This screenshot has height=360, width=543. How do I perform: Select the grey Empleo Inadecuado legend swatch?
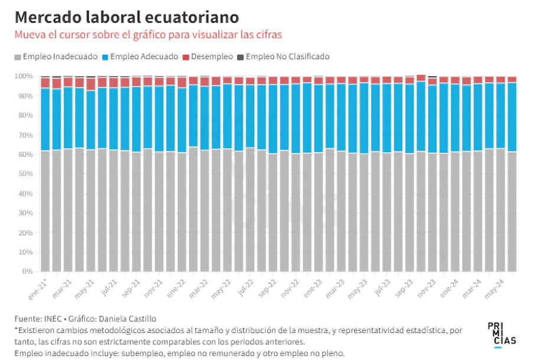click(x=18, y=57)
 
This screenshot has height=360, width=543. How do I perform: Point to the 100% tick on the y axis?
click(x=24, y=76)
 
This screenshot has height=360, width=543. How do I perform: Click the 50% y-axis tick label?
click(x=25, y=174)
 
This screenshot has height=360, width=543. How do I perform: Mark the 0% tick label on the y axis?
click(x=28, y=271)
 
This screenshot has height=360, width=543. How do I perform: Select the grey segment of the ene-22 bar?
click(x=182, y=212)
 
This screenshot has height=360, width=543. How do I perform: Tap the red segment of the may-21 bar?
click(x=90, y=84)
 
